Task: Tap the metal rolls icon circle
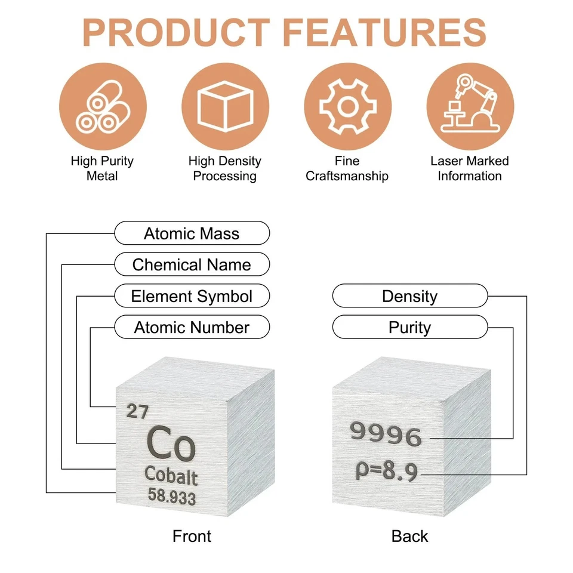click(103, 107)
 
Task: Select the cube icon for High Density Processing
click(225, 107)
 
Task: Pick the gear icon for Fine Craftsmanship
click(347, 107)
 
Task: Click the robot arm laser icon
click(470, 107)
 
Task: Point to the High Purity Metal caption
click(102, 168)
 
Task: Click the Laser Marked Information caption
click(470, 168)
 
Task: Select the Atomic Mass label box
click(192, 233)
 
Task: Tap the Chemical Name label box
click(192, 264)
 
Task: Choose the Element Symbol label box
click(192, 296)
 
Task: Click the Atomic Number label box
click(192, 327)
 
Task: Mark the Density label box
click(409, 296)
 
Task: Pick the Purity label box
click(409, 327)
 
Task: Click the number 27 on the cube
click(138, 411)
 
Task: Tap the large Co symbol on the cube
click(170, 444)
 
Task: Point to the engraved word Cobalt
click(171, 476)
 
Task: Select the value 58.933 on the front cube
click(171, 497)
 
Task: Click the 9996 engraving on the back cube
click(386, 434)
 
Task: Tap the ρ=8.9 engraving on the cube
click(386, 472)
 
